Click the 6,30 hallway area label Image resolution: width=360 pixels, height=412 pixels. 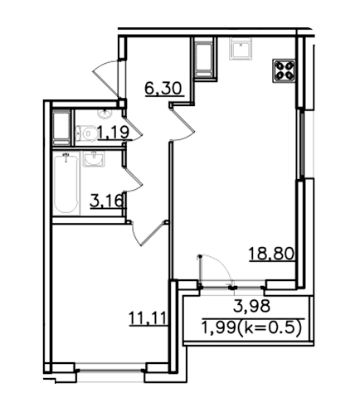[163, 89]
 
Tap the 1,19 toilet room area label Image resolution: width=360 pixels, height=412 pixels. [114, 132]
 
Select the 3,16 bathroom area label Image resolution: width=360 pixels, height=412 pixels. [106, 201]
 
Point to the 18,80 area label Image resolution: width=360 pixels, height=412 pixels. [271, 254]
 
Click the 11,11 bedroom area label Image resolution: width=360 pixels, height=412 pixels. [148, 318]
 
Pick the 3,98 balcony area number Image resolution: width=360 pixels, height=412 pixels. [251, 306]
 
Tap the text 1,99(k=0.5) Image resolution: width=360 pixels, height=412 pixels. [251, 328]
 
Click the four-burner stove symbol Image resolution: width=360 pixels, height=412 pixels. [284, 70]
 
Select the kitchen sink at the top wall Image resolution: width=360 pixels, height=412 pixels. [241, 49]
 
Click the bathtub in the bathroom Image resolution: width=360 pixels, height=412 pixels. [66, 183]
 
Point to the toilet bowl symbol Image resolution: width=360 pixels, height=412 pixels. [86, 134]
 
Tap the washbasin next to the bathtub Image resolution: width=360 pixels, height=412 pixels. [94, 159]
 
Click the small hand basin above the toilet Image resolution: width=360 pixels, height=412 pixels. [105, 114]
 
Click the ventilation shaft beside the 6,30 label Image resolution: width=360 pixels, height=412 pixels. [204, 59]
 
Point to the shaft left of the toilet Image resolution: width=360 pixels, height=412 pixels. [61, 128]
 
